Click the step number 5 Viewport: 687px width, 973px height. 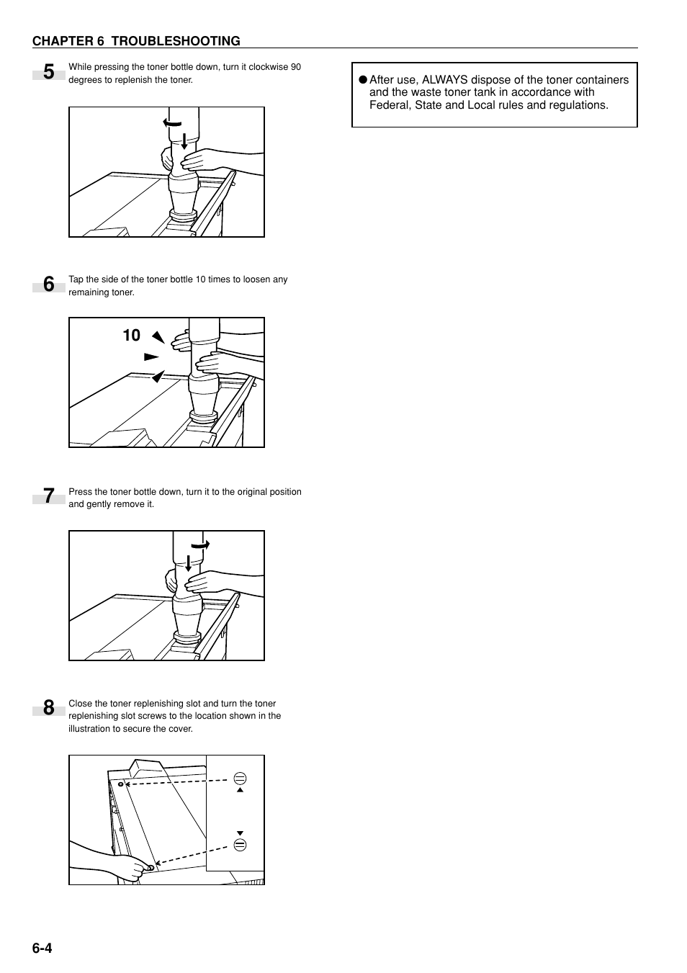[x=48, y=73]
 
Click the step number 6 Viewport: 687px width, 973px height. [x=48, y=285]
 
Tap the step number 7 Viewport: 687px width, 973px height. [x=48, y=497]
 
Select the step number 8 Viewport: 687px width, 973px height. [x=48, y=709]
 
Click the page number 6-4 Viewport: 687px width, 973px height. [x=42, y=948]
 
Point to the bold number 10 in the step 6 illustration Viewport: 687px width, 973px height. [x=131, y=336]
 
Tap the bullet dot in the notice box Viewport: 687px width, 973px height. [x=363, y=80]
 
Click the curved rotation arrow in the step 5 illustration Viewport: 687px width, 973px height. [x=173, y=122]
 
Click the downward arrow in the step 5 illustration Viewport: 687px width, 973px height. [x=184, y=141]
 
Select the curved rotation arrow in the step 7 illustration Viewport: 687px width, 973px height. [x=200, y=545]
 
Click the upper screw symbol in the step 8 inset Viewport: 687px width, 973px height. [x=241, y=779]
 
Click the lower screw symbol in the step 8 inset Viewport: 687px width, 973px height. [x=241, y=845]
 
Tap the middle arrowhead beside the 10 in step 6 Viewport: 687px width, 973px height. [x=151, y=357]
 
